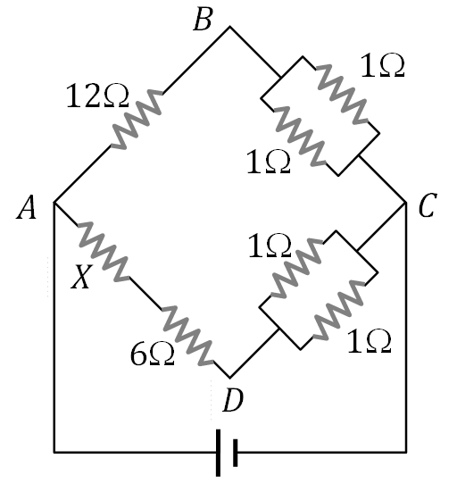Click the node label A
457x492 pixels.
26,209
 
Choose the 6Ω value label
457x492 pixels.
150,354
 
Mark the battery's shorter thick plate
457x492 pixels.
235,454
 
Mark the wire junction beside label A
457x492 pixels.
55,203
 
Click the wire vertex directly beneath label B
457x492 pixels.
230,28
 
